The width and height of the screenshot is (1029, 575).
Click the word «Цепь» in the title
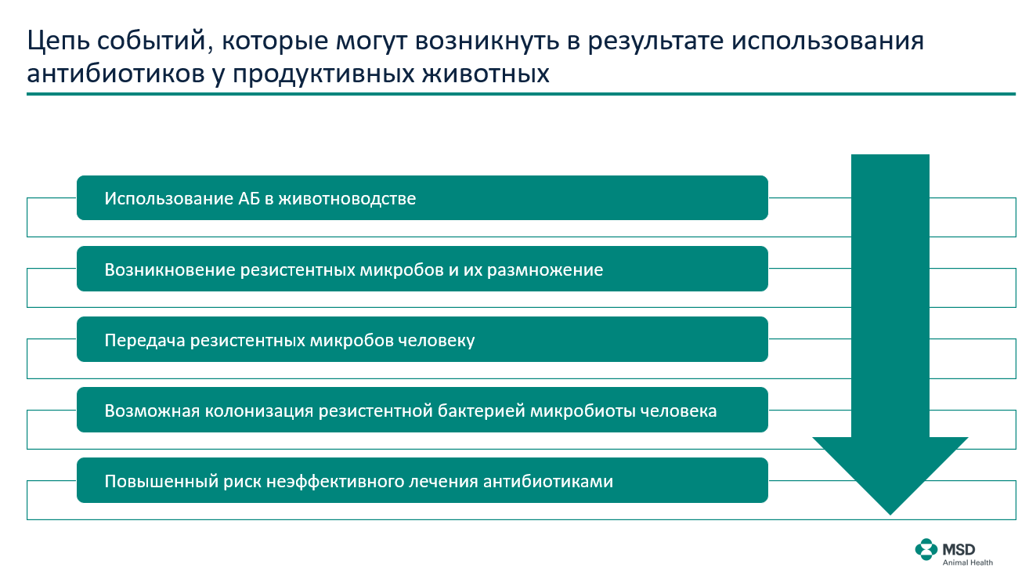[x=58, y=42]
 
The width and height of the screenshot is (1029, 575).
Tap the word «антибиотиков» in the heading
[x=116, y=74]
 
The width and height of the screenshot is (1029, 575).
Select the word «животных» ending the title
[x=486, y=74]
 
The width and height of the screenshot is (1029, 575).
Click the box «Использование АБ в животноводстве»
[x=422, y=198]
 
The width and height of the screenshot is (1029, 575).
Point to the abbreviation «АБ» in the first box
[x=248, y=198]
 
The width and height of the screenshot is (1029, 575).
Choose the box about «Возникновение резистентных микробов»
[x=422, y=269]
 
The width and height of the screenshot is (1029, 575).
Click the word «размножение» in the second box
[x=545, y=270]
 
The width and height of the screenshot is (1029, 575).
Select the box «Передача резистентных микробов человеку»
[x=422, y=340]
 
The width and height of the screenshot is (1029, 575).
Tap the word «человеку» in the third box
[x=436, y=341]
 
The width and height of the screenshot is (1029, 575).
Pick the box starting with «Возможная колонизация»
[x=422, y=410]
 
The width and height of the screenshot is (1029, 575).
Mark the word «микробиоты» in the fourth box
[x=583, y=411]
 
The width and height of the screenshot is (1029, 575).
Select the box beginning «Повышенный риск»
[x=422, y=481]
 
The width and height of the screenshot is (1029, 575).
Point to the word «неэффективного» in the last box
[x=335, y=482]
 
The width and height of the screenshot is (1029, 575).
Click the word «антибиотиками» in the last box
[x=548, y=482]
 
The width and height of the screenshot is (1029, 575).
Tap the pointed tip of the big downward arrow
[x=890, y=515]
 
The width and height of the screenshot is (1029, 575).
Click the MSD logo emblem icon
[x=926, y=550]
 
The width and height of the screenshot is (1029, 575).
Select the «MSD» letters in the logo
[x=959, y=550]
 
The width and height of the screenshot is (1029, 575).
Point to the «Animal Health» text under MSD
[x=967, y=562]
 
